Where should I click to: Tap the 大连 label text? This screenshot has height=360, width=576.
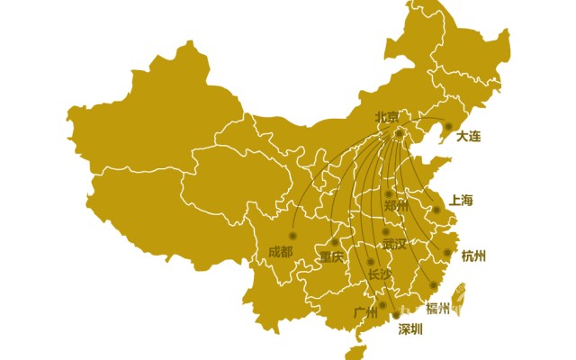point(469,137)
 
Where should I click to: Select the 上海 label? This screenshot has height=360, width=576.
point(461,200)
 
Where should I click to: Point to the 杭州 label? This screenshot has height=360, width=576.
point(473,256)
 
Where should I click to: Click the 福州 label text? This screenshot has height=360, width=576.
point(438,309)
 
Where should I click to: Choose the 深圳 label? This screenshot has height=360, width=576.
point(410,328)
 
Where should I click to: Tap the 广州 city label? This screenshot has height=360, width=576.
point(366,313)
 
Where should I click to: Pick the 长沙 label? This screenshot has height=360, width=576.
point(381,274)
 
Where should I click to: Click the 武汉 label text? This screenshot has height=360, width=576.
point(394,243)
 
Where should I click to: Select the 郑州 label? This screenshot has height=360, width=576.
point(396,206)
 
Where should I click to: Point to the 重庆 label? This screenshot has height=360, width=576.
point(331,256)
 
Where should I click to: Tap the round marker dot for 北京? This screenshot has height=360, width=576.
point(400,134)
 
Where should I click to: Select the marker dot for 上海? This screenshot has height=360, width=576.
point(436,210)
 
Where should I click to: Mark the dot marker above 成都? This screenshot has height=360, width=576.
point(292,236)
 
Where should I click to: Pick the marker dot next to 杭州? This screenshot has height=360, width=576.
point(447,253)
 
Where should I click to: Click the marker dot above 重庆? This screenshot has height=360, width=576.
point(335,242)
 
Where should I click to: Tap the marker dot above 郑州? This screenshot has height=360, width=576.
point(389,193)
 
